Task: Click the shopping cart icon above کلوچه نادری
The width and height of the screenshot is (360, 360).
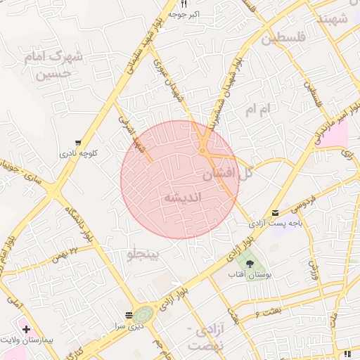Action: point(77,141)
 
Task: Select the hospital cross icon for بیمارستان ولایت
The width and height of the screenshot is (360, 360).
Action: point(26,329)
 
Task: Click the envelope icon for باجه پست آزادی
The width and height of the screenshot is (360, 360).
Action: point(274,212)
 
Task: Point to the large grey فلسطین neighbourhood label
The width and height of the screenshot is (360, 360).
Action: point(284,39)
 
